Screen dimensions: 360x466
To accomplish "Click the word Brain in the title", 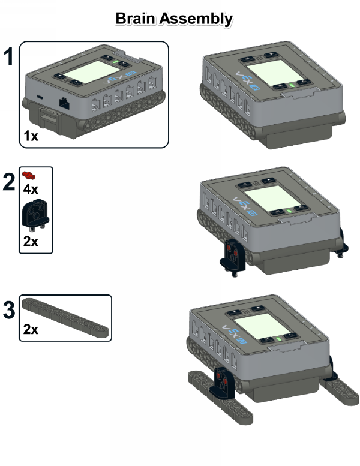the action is (136, 19).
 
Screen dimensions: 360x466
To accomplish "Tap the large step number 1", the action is (8, 56).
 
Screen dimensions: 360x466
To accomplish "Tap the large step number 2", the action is (9, 182).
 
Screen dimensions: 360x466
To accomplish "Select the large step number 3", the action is (9, 309).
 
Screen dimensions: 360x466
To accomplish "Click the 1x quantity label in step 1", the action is (31, 136).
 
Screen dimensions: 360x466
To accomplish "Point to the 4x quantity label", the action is (31, 189).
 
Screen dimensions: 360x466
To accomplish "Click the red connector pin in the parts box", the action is (29, 175).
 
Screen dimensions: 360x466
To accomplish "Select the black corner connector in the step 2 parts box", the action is (35, 215).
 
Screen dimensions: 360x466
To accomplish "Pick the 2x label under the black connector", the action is (31, 241).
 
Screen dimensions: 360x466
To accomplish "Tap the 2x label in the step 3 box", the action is (31, 330).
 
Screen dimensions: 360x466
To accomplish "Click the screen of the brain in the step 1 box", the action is (91, 71).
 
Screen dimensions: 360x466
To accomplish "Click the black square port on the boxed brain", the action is (65, 104).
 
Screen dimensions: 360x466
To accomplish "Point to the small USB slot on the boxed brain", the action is (40, 97).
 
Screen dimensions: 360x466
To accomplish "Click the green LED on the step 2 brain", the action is (289, 211).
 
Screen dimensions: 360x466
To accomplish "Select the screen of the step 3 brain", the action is (262, 326).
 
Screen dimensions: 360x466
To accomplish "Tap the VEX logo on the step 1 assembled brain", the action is (247, 80).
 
